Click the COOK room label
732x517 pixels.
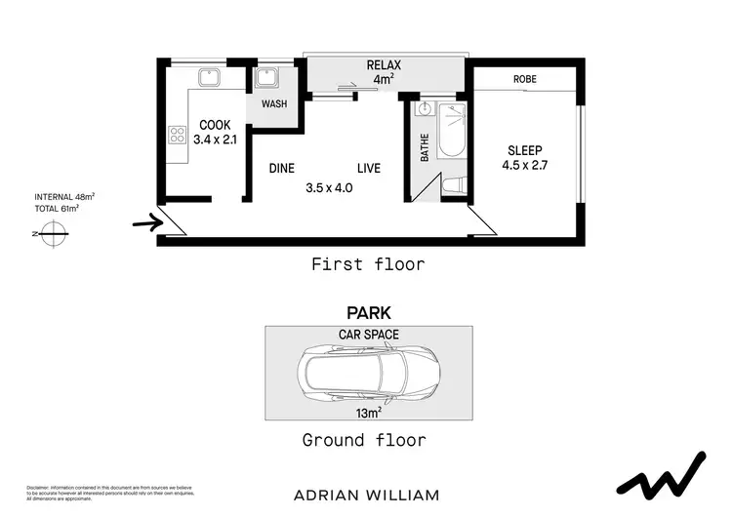215,125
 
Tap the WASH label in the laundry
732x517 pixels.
274,104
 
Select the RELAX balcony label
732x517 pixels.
384,65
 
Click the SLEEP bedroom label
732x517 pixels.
525,150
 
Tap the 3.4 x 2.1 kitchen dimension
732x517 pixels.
216,139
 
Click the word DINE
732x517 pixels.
282,168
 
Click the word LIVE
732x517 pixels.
368,168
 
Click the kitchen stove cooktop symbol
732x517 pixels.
178,135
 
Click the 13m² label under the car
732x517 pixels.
368,412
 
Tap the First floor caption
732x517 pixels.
367,263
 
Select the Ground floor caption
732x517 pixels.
364,440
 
